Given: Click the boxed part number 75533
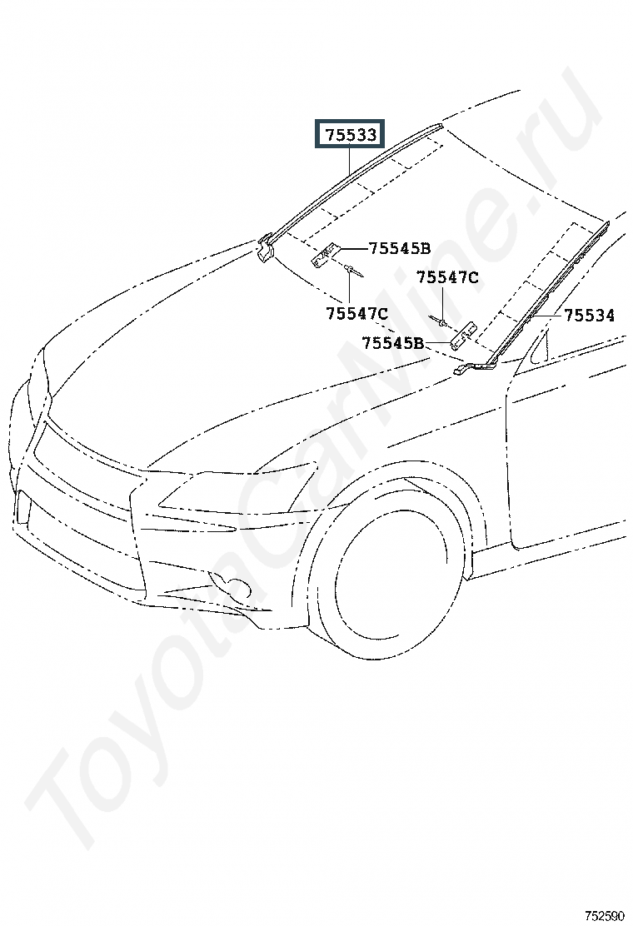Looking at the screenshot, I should [x=351, y=134].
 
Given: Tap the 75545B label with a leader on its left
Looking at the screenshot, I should [x=399, y=247].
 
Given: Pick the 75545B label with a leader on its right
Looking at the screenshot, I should [x=393, y=342].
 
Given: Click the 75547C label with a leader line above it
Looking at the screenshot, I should [x=357, y=314].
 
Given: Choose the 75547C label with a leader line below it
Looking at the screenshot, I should [x=447, y=277].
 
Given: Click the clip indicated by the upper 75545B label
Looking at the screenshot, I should [x=326, y=253].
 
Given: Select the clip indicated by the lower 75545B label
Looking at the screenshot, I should [x=463, y=336].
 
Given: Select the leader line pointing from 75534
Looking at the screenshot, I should [x=546, y=316].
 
